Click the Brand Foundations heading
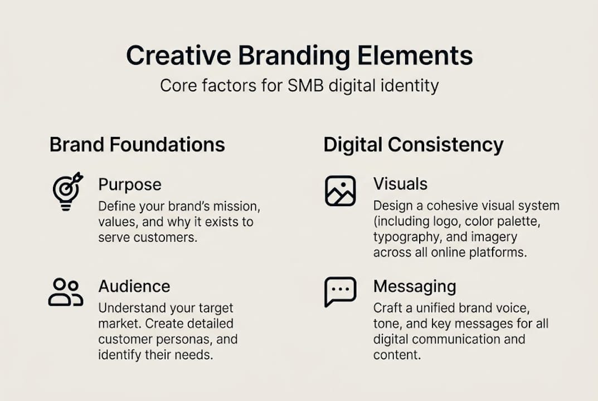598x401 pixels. pyautogui.click(x=137, y=145)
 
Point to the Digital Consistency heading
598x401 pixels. pyautogui.click(x=413, y=145)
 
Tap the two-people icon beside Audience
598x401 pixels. pyautogui.click(x=65, y=292)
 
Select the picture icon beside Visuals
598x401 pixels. pyautogui.click(x=340, y=191)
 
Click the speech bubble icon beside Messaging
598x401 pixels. pyautogui.click(x=340, y=292)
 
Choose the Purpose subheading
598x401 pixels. pyautogui.click(x=130, y=184)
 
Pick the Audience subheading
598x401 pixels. pyautogui.click(x=134, y=286)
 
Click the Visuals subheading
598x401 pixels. pyautogui.click(x=400, y=184)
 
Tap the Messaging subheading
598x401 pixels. pyautogui.click(x=415, y=286)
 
